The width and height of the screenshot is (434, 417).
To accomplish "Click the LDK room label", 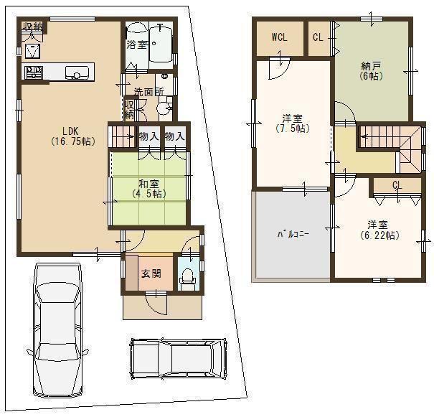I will point(70,131).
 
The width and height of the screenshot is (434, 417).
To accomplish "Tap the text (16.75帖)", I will point(71,141).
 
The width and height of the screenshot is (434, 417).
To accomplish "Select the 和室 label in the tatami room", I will point(148,183).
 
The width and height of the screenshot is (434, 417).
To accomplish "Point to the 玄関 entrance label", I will point(150,273).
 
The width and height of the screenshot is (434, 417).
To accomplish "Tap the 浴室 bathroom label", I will point(136,44).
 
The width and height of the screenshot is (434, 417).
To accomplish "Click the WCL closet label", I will point(279,38).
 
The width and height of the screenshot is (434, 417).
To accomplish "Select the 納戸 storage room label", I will point(371,67).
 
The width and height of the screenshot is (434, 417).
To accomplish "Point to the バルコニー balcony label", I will point(292,235).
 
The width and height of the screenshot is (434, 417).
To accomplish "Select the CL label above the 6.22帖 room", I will point(397,185).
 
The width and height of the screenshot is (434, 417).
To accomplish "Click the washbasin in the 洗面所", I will point(164,108).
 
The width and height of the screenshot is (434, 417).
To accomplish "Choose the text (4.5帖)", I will point(148,194).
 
